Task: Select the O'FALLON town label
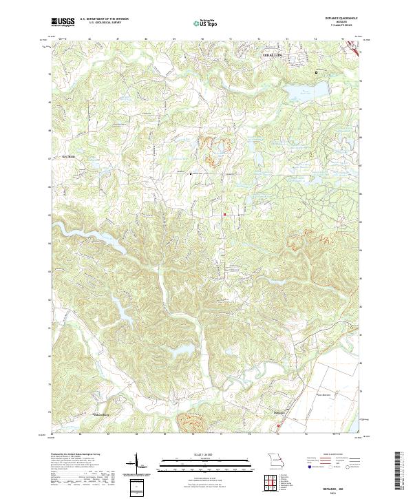point(275,53)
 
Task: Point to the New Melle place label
point(67,156)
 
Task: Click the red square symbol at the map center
point(224,214)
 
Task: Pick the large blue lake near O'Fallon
point(301,91)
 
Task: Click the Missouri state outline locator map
point(274,460)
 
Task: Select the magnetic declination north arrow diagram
point(137,465)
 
